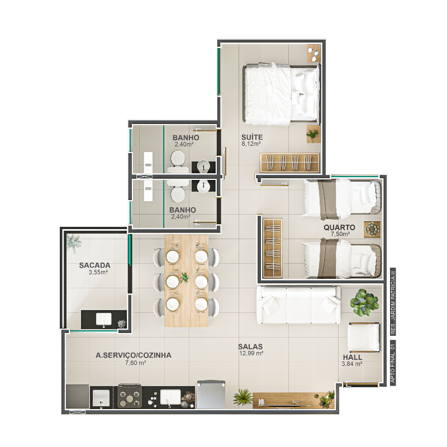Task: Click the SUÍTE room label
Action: coord(252,137)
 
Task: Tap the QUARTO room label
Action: coord(339,227)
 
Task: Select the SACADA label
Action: coord(94,265)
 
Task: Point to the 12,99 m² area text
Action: coord(251,353)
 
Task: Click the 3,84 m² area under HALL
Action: coord(352,364)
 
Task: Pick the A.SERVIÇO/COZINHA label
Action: coord(134,355)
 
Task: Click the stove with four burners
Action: coord(130,396)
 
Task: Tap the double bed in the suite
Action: coord(282,94)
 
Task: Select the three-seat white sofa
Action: coord(298,305)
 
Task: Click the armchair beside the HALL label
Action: coord(364,337)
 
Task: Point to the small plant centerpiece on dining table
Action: coord(184,277)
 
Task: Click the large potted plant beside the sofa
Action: coord(364,302)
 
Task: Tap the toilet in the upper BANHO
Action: coord(178,161)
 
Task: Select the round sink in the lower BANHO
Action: coord(204,186)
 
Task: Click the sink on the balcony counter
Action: coord(103,319)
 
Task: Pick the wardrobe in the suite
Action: coord(289,163)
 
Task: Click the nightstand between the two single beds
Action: coord(372,230)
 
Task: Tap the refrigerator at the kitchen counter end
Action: coord(211,394)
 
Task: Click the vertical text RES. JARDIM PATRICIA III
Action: coord(393,301)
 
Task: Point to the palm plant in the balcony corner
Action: coord(74,242)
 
